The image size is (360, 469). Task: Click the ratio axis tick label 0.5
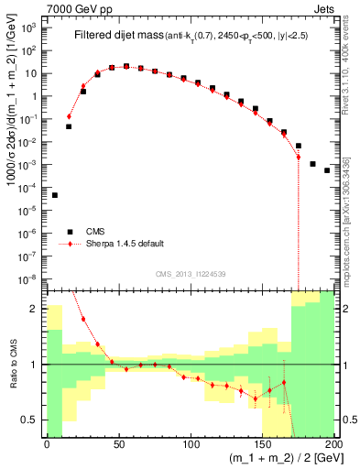pyautogui.click(x=32, y=420)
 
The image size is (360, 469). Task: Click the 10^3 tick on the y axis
pyautogui.click(x=29, y=27)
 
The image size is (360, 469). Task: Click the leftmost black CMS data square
pyautogui.click(x=54, y=195)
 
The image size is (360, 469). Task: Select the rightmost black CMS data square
pyautogui.click(x=327, y=170)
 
